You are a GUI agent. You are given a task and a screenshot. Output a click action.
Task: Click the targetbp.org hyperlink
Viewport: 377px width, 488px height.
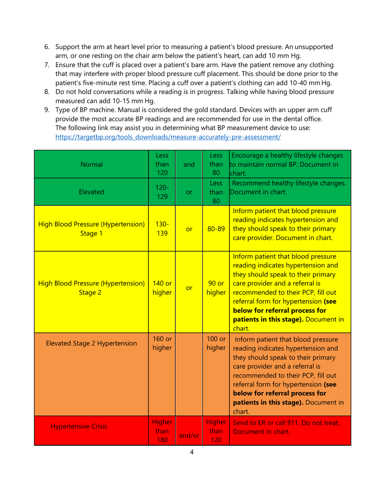pyautogui.click(x=168, y=137)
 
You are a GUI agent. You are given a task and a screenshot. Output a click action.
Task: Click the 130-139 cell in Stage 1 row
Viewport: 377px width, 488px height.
pyautogui.click(x=162, y=228)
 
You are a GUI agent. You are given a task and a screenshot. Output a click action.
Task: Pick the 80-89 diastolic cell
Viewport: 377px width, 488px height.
pyautogui.click(x=215, y=228)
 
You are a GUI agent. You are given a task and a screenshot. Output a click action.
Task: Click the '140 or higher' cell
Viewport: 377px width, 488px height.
pyautogui.click(x=162, y=288)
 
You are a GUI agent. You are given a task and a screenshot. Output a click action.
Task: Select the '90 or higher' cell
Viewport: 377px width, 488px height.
pyautogui.click(x=215, y=288)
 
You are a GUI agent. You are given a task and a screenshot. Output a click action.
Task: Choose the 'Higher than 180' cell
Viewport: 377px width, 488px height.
pyautogui.click(x=162, y=431)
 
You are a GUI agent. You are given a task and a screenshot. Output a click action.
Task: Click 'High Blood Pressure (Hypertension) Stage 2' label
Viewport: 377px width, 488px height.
pyautogui.click(x=91, y=288)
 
